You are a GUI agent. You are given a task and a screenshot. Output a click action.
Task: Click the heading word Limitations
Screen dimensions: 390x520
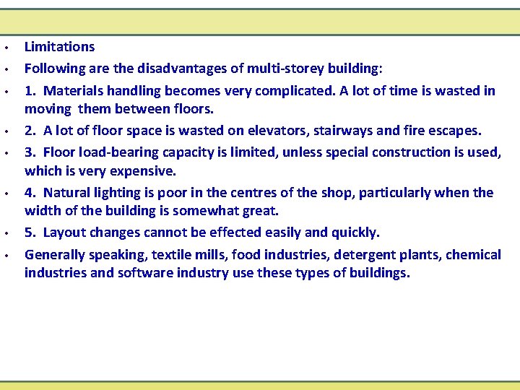click(x=59, y=47)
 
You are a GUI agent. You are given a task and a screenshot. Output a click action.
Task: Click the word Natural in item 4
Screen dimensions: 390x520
click(x=69, y=193)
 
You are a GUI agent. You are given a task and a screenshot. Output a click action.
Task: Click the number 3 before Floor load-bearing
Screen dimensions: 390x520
click(x=29, y=152)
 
